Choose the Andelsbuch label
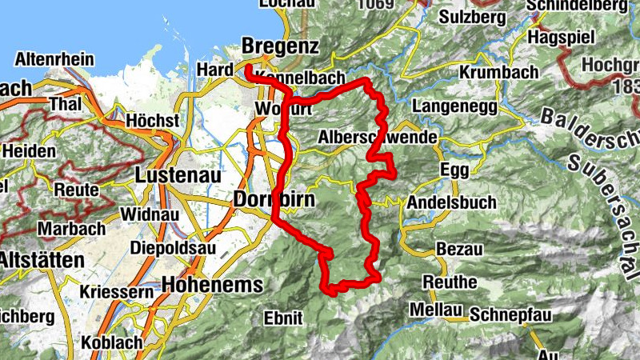click(451, 203)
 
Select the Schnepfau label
click(512, 314)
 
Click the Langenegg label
click(454, 106)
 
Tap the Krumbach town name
click(499, 72)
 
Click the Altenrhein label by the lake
click(54, 60)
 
